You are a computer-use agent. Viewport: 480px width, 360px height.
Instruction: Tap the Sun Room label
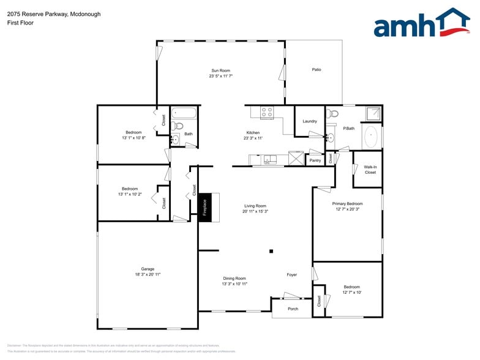point(221,70)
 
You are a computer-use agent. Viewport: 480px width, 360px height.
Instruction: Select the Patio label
point(317,70)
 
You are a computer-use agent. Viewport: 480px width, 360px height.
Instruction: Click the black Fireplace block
point(205,207)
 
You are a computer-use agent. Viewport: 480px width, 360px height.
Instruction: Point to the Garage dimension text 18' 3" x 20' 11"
point(148,275)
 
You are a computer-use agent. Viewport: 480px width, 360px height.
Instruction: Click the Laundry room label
point(310,121)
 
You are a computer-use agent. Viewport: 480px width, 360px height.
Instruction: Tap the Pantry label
point(315,160)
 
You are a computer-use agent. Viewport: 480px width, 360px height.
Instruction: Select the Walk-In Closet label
point(370,170)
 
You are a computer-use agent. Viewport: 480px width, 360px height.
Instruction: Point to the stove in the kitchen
point(267,112)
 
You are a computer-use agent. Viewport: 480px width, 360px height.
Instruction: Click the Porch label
point(293,309)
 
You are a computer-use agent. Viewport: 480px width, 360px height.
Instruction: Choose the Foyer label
point(292,275)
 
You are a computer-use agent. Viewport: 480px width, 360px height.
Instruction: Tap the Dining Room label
point(234,278)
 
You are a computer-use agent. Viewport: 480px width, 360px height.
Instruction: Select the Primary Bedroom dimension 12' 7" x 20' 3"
point(347,209)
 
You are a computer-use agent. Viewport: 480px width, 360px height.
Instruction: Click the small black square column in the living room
point(272,251)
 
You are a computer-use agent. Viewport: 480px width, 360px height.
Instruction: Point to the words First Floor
point(20,23)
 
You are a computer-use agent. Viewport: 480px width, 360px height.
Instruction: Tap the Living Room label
point(255,206)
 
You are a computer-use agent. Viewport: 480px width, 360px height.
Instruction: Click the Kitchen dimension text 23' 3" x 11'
point(253,138)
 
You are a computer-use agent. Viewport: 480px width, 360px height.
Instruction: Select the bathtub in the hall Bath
point(184,113)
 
